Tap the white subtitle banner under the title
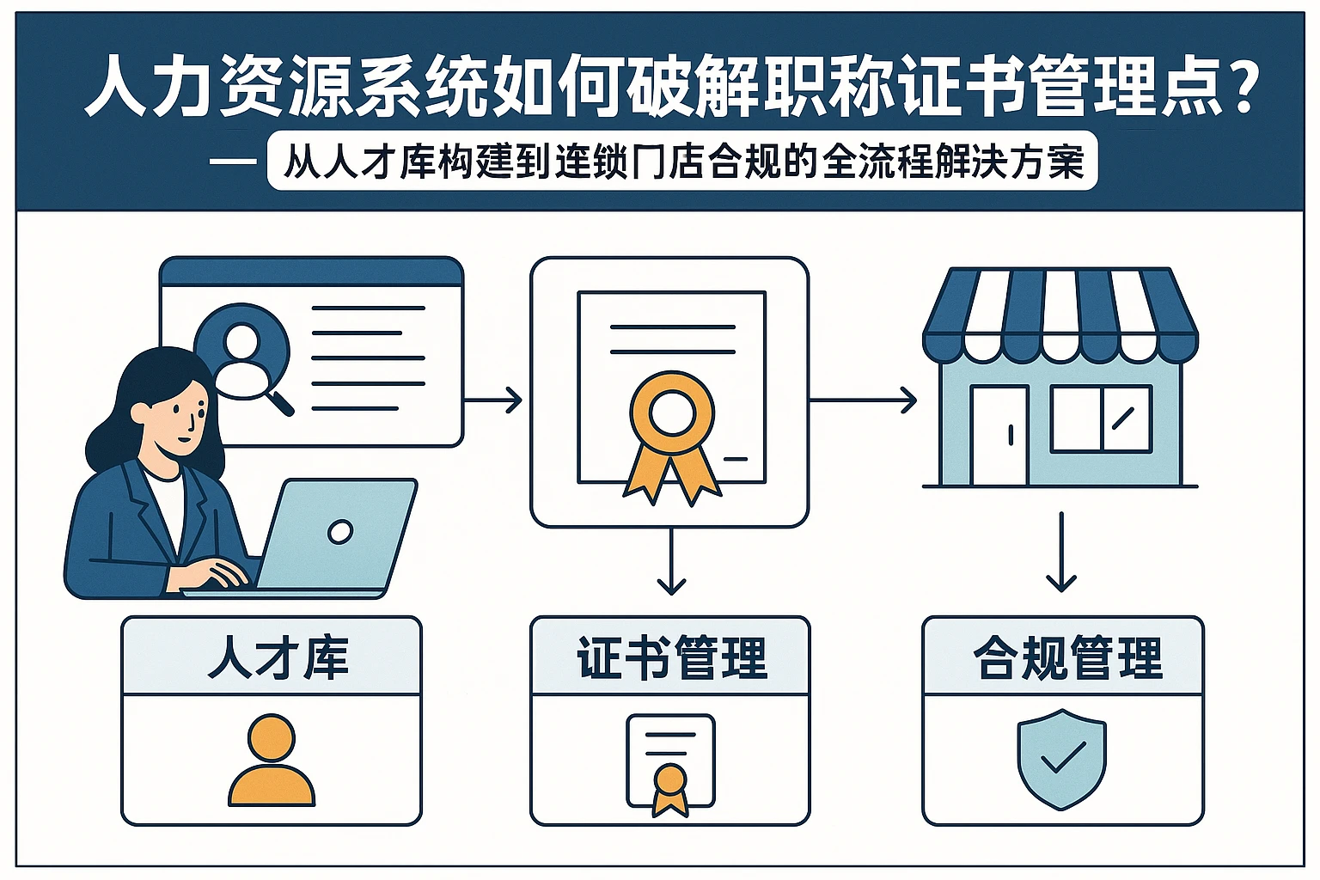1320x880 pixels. click(682, 161)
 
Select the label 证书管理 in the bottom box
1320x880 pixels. click(671, 658)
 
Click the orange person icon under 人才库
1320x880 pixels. click(272, 760)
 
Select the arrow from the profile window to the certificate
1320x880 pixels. click(493, 400)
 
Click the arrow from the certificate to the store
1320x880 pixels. click(863, 400)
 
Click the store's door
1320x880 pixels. click(999, 435)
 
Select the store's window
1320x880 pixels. click(1101, 419)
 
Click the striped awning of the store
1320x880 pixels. click(1060, 315)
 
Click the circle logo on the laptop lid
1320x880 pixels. click(340, 532)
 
